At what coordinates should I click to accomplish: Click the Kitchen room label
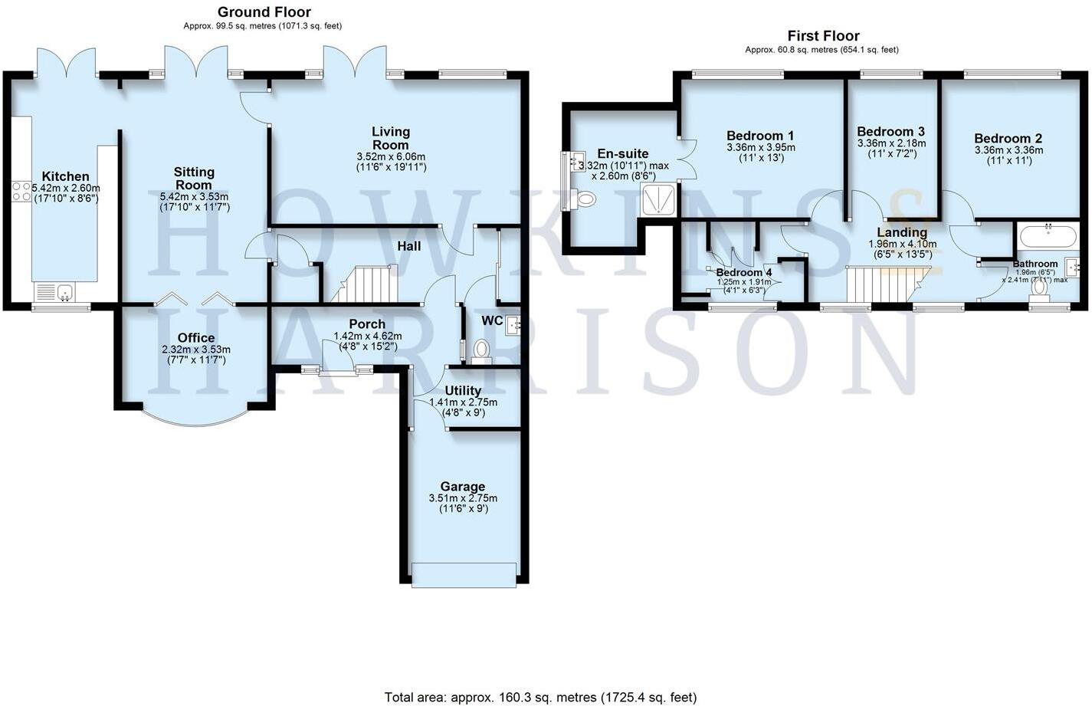click(x=65, y=177)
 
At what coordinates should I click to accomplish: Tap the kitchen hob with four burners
click(x=21, y=191)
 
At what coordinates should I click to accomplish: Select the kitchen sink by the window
click(x=55, y=292)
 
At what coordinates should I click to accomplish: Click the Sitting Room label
click(x=194, y=178)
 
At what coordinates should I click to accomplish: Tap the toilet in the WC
click(x=481, y=350)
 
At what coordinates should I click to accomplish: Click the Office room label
click(x=196, y=338)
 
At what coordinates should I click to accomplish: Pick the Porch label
click(x=366, y=324)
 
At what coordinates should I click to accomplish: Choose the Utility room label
click(x=463, y=391)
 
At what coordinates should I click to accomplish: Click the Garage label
click(x=462, y=487)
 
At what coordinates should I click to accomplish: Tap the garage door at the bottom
click(x=464, y=576)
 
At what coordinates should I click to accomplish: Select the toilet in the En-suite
click(x=585, y=199)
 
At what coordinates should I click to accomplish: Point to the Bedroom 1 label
click(x=761, y=136)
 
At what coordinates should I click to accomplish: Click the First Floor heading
click(x=823, y=36)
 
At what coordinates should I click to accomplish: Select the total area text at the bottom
click(x=540, y=697)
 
